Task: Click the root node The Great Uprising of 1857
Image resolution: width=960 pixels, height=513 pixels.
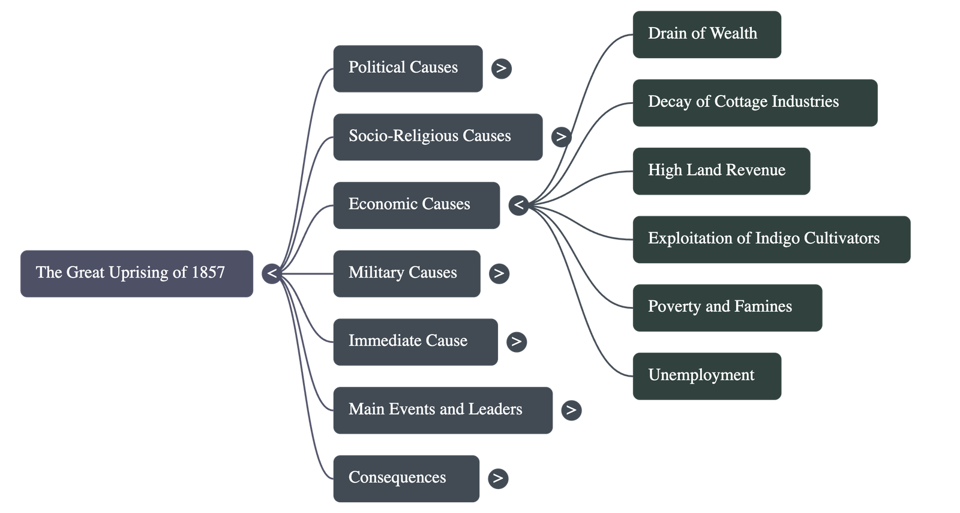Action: [x=136, y=273]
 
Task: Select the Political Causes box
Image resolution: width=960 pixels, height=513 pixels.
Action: [x=407, y=68]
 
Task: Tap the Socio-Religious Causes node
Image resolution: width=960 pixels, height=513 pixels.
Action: [x=437, y=136]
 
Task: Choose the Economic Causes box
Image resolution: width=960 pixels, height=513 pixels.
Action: [x=416, y=205]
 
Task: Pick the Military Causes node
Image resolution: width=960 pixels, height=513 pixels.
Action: [x=406, y=273]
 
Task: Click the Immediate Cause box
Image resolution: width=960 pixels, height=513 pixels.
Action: [x=415, y=341]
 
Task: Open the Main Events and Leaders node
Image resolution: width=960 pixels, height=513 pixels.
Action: [x=442, y=410]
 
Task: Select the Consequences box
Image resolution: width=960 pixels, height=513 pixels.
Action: [x=406, y=478]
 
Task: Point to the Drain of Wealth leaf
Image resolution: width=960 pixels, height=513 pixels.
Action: [x=707, y=34]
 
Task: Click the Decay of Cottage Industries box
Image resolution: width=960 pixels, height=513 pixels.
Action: [x=755, y=102]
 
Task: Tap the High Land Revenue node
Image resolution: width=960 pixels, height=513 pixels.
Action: [x=721, y=171]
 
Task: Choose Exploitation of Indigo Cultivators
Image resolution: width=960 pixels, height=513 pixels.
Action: [x=771, y=239]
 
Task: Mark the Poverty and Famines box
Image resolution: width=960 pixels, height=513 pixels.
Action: [x=727, y=308]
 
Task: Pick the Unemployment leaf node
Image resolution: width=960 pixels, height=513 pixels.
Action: [x=707, y=376]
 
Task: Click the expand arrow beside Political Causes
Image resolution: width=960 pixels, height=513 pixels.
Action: [x=501, y=68]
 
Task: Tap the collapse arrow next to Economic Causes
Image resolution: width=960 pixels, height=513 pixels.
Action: [x=519, y=205]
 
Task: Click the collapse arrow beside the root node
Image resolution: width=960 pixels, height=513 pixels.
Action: [x=272, y=274]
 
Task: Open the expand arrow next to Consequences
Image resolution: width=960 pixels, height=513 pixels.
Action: [x=497, y=478]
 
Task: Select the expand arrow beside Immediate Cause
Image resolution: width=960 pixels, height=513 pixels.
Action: [x=516, y=342]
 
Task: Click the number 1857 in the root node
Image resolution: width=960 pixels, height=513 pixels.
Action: [x=208, y=273]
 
